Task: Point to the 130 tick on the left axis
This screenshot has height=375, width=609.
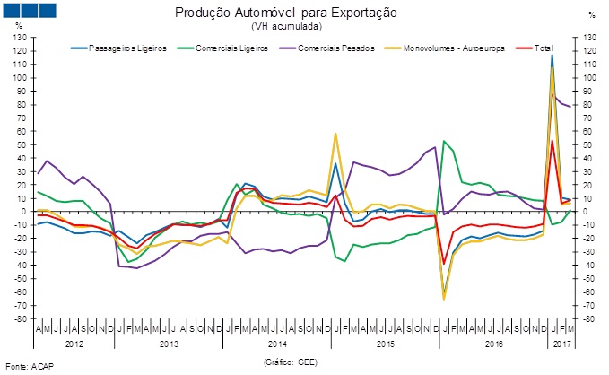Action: coord(20,38)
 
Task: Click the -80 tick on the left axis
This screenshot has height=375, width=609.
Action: coord(20,318)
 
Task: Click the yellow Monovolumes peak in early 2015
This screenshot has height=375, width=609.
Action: coord(335,134)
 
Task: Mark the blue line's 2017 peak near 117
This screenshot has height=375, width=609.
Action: coord(552,56)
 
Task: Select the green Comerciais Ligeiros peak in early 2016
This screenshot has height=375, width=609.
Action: coord(444,141)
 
